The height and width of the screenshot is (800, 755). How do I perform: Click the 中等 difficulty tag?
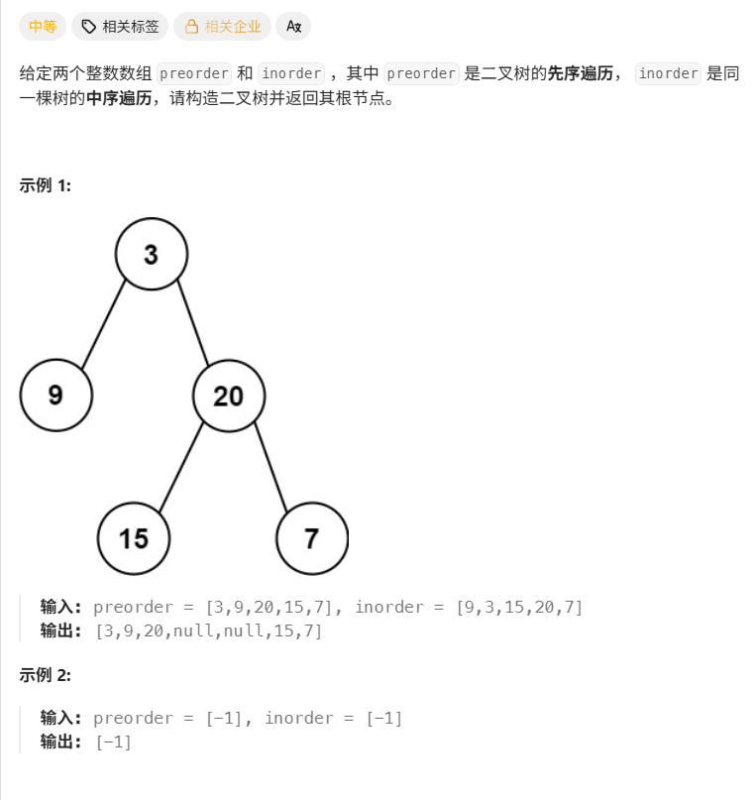pos(43,27)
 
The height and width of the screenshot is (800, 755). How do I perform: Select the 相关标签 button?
pos(120,27)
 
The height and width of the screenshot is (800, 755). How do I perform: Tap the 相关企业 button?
pos(222,27)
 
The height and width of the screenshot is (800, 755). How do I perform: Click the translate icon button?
pos(293,27)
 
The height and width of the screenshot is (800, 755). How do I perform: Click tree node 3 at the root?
pos(151,255)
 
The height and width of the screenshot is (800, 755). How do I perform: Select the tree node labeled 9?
pos(56,396)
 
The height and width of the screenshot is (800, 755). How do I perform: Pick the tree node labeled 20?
pos(229,396)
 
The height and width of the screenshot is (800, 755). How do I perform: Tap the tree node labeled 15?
pos(134,539)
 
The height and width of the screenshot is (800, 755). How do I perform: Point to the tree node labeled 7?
pos(312,539)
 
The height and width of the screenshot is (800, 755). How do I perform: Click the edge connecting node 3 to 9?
pos(103,326)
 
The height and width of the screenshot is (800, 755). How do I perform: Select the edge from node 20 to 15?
pos(180,468)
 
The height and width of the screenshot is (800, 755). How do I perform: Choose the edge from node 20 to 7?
pos(270,468)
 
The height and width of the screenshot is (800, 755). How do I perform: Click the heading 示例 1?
pos(46,185)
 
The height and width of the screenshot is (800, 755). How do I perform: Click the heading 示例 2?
pos(46,675)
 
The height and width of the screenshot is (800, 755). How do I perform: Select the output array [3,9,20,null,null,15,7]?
pos(208,630)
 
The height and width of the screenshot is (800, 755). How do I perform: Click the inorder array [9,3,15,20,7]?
pos(519,607)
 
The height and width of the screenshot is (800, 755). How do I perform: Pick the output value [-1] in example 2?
pos(113,742)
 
